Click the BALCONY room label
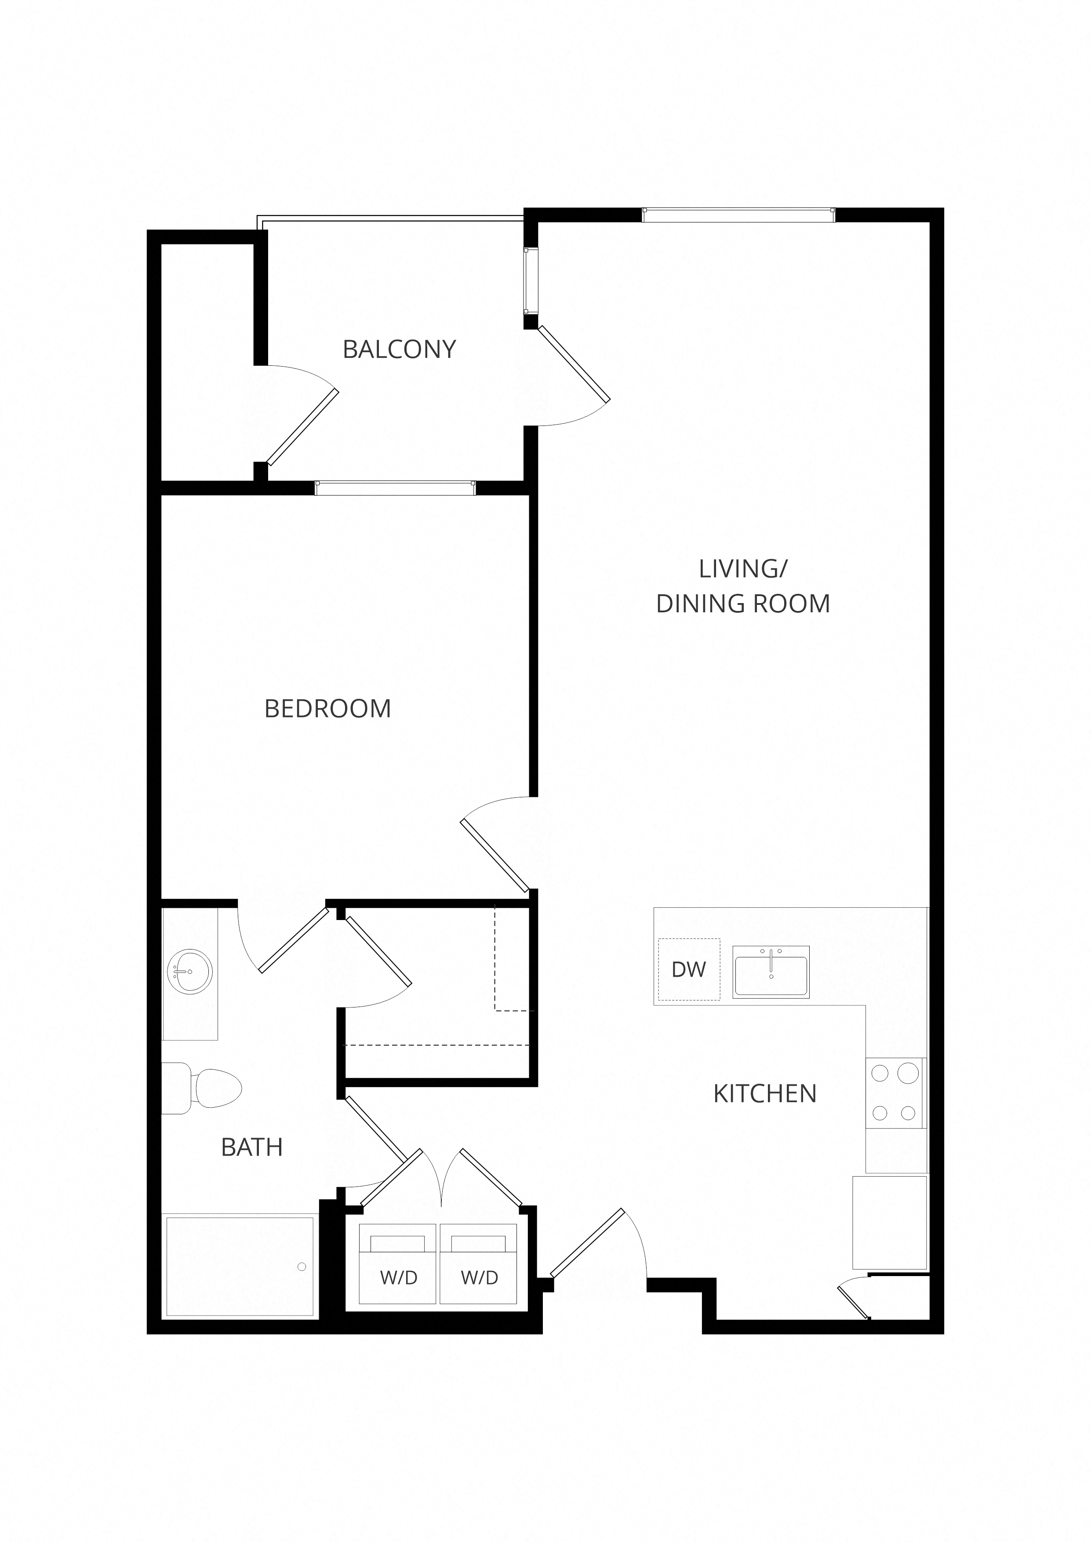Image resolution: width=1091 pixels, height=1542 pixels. tap(399, 349)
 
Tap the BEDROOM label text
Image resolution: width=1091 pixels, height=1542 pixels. tap(328, 709)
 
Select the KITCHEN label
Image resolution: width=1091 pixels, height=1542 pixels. tap(764, 1094)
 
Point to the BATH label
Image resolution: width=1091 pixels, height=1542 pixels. tap(252, 1147)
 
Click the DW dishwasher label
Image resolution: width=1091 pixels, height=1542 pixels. tap(689, 969)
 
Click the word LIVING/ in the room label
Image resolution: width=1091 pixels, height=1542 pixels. tap(743, 569)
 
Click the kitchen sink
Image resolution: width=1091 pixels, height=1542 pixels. tap(771, 972)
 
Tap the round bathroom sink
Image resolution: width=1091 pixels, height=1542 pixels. tap(190, 972)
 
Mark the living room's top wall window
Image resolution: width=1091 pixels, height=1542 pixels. tap(738, 215)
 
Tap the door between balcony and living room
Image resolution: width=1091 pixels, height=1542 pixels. tap(575, 364)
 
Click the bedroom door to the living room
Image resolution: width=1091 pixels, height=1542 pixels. tap(495, 856)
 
